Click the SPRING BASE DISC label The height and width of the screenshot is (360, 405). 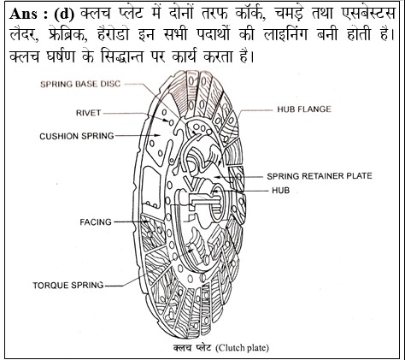[80, 84]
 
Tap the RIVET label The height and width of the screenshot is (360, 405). [88, 113]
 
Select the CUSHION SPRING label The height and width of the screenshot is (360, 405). [77, 136]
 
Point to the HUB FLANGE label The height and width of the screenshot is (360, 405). [304, 109]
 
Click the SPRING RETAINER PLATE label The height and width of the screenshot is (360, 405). [320, 176]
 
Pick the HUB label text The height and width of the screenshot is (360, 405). [280, 190]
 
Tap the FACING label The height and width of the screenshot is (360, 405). [96, 221]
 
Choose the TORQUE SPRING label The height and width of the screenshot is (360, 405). [68, 285]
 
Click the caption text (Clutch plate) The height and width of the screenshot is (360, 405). [242, 348]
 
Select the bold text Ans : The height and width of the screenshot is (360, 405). [29, 15]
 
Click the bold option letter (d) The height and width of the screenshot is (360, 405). [64, 15]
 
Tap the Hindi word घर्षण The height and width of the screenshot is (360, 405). [60, 56]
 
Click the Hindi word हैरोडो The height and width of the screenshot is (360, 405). [113, 34]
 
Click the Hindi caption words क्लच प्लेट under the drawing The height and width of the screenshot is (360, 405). [192, 348]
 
